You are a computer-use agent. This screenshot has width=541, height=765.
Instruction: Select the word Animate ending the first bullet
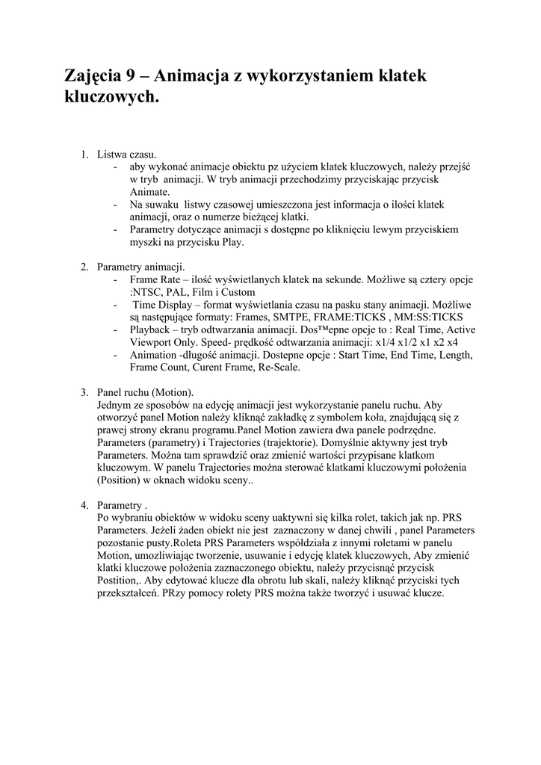149,192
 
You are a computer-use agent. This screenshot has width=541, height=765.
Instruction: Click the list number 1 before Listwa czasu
84,155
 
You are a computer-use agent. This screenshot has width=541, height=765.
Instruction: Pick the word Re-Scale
276,368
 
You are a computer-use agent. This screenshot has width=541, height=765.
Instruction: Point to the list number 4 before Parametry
84,506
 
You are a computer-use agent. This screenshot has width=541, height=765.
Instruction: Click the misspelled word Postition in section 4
118,581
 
